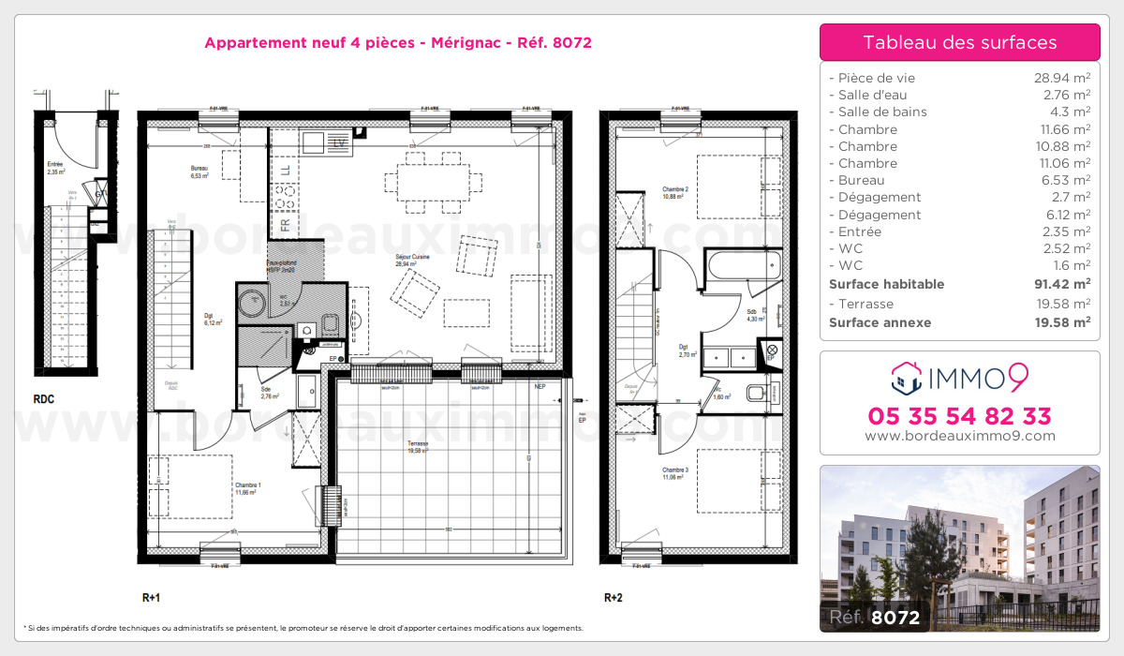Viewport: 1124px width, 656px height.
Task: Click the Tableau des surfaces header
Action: (959, 42)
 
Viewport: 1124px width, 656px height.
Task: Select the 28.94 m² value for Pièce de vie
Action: (1060, 78)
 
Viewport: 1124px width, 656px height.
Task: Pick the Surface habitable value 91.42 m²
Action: (1058, 284)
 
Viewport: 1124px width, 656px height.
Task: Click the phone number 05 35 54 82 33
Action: (959, 416)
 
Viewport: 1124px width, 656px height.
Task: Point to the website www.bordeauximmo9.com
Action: (959, 436)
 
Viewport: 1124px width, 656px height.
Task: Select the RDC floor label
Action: (43, 399)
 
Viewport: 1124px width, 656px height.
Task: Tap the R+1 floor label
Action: (152, 597)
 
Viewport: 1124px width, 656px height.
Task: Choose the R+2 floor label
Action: (614, 597)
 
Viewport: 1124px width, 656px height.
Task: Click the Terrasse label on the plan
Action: (418, 444)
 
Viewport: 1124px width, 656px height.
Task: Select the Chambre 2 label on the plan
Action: (675, 190)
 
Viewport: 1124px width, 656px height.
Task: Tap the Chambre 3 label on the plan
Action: (675, 470)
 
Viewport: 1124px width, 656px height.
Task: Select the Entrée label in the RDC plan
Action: (55, 164)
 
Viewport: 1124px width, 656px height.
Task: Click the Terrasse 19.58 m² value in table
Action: (1060, 304)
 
